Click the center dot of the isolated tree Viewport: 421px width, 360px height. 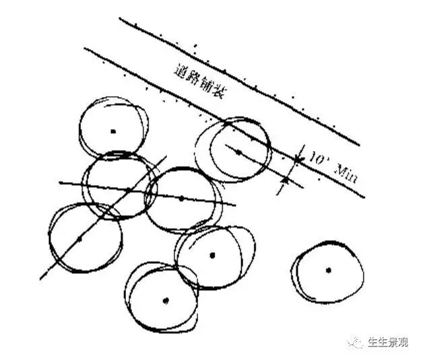click(x=329, y=270)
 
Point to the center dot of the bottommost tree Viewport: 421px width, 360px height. click(x=166, y=300)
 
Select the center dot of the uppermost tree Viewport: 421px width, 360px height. click(x=113, y=131)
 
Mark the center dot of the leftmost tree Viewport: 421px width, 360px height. click(x=79, y=238)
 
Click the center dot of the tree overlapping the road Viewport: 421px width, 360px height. click(x=238, y=152)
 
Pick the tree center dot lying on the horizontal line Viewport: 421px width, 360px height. click(x=181, y=198)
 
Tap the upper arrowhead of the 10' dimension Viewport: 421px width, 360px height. click(x=297, y=159)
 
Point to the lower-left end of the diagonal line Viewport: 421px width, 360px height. click(x=40, y=278)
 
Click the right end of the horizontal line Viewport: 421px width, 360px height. click(x=236, y=205)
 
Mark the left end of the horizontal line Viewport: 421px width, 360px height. click(x=59, y=182)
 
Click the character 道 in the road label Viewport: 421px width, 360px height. click(x=179, y=70)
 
